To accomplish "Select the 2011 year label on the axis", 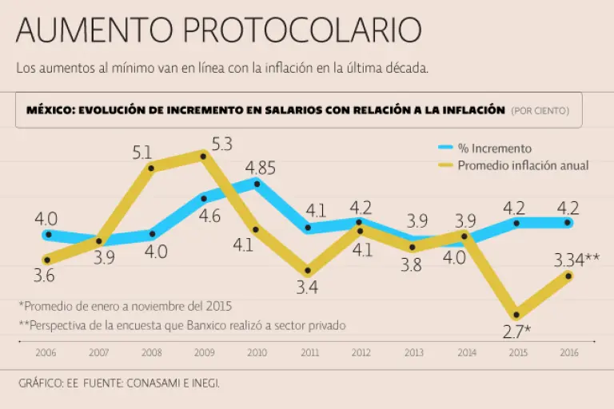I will pos(309,352).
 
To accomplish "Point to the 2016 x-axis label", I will pos(569,352).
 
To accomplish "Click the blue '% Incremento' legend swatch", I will pos(446,148).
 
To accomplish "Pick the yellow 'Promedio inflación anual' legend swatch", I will pos(446,165).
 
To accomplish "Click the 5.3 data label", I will pos(222,145).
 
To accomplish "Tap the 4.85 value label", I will pos(261,169).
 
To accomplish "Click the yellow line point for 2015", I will pos(517,315).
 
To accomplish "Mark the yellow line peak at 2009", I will pos(204,156).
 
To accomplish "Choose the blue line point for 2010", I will pos(257,184).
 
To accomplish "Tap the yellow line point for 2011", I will pos(308,271).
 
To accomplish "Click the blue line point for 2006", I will pos(49,235).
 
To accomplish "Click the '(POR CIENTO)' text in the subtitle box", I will pos(540,111).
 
